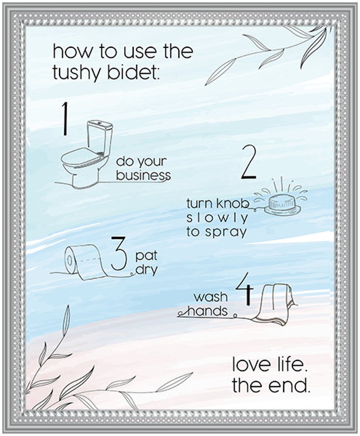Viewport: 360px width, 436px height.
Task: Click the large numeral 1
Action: [66, 119]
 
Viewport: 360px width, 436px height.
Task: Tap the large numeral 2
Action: [248, 162]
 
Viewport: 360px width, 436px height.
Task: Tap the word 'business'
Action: [143, 175]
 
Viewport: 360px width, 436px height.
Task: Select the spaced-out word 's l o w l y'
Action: [217, 218]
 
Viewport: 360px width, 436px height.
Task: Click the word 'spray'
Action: [225, 233]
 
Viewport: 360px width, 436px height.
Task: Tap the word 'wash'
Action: [211, 297]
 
